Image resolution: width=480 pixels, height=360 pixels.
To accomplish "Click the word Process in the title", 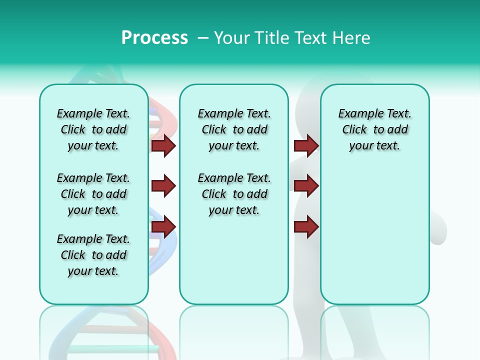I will click(x=154, y=38).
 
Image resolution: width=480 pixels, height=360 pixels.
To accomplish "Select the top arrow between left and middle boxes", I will click(x=163, y=145).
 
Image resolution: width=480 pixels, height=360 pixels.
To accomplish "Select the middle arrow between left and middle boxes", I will click(x=163, y=186).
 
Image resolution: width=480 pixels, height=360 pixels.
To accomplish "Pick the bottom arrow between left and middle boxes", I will click(x=163, y=227).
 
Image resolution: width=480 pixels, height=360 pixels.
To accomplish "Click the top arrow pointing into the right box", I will click(x=306, y=145).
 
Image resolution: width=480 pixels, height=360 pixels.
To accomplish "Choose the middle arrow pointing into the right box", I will click(x=306, y=186).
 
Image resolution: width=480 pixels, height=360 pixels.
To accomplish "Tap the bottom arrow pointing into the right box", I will click(x=306, y=227).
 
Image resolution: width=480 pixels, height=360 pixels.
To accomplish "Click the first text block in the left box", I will click(x=93, y=129).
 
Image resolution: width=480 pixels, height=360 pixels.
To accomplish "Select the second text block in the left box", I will click(x=93, y=194).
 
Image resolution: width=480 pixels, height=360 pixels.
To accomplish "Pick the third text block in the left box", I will click(x=93, y=255).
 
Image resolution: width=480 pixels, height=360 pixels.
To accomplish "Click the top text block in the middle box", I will click(x=234, y=129).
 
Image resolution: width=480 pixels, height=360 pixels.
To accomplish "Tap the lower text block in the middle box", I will click(x=234, y=194).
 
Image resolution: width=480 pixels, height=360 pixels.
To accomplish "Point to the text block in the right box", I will click(x=375, y=129).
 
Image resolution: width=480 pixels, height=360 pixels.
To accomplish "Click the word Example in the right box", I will click(x=355, y=114).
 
